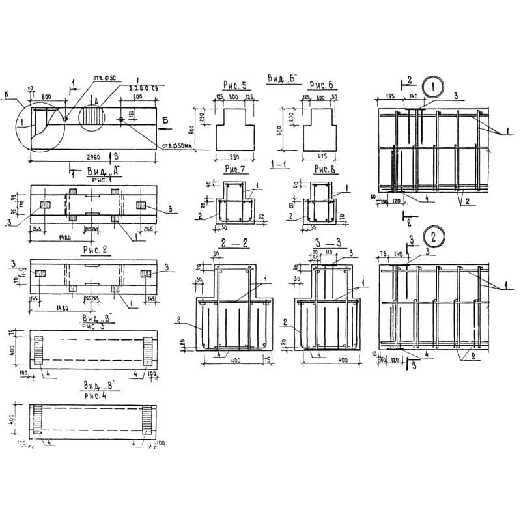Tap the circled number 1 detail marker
click(x=432, y=85)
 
